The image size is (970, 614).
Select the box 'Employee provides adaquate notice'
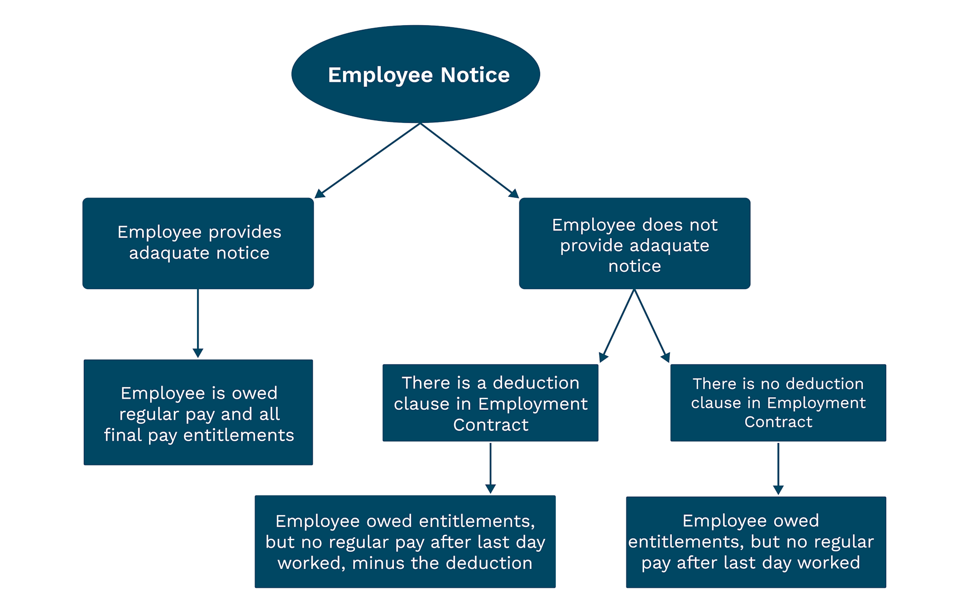coord(198,243)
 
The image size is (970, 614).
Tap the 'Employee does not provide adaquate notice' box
coord(635,243)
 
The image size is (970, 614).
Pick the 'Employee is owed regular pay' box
coord(198,412)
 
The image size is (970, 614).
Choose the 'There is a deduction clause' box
coord(490,403)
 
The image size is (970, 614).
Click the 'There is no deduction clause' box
coord(778,403)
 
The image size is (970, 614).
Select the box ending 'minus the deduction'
coord(405,541)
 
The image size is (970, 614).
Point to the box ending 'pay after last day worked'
coord(756,542)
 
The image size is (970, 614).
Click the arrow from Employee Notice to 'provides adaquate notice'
coord(368,160)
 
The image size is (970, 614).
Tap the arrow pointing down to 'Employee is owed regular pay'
coord(198,323)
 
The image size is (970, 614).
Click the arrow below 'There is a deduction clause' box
coord(490,468)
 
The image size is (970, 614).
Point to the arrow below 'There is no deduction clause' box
coord(778,468)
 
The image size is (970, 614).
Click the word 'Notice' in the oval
coord(475,75)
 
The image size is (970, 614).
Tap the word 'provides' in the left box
coord(245,232)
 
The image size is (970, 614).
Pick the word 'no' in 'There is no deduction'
coord(770,384)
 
